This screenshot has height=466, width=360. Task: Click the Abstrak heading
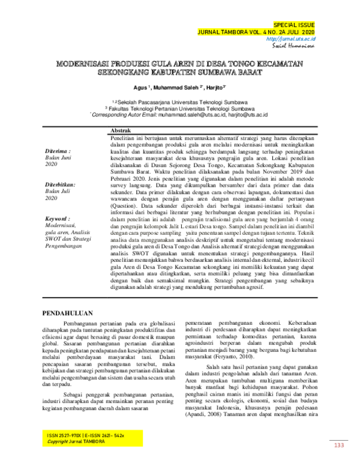coord(122,130)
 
